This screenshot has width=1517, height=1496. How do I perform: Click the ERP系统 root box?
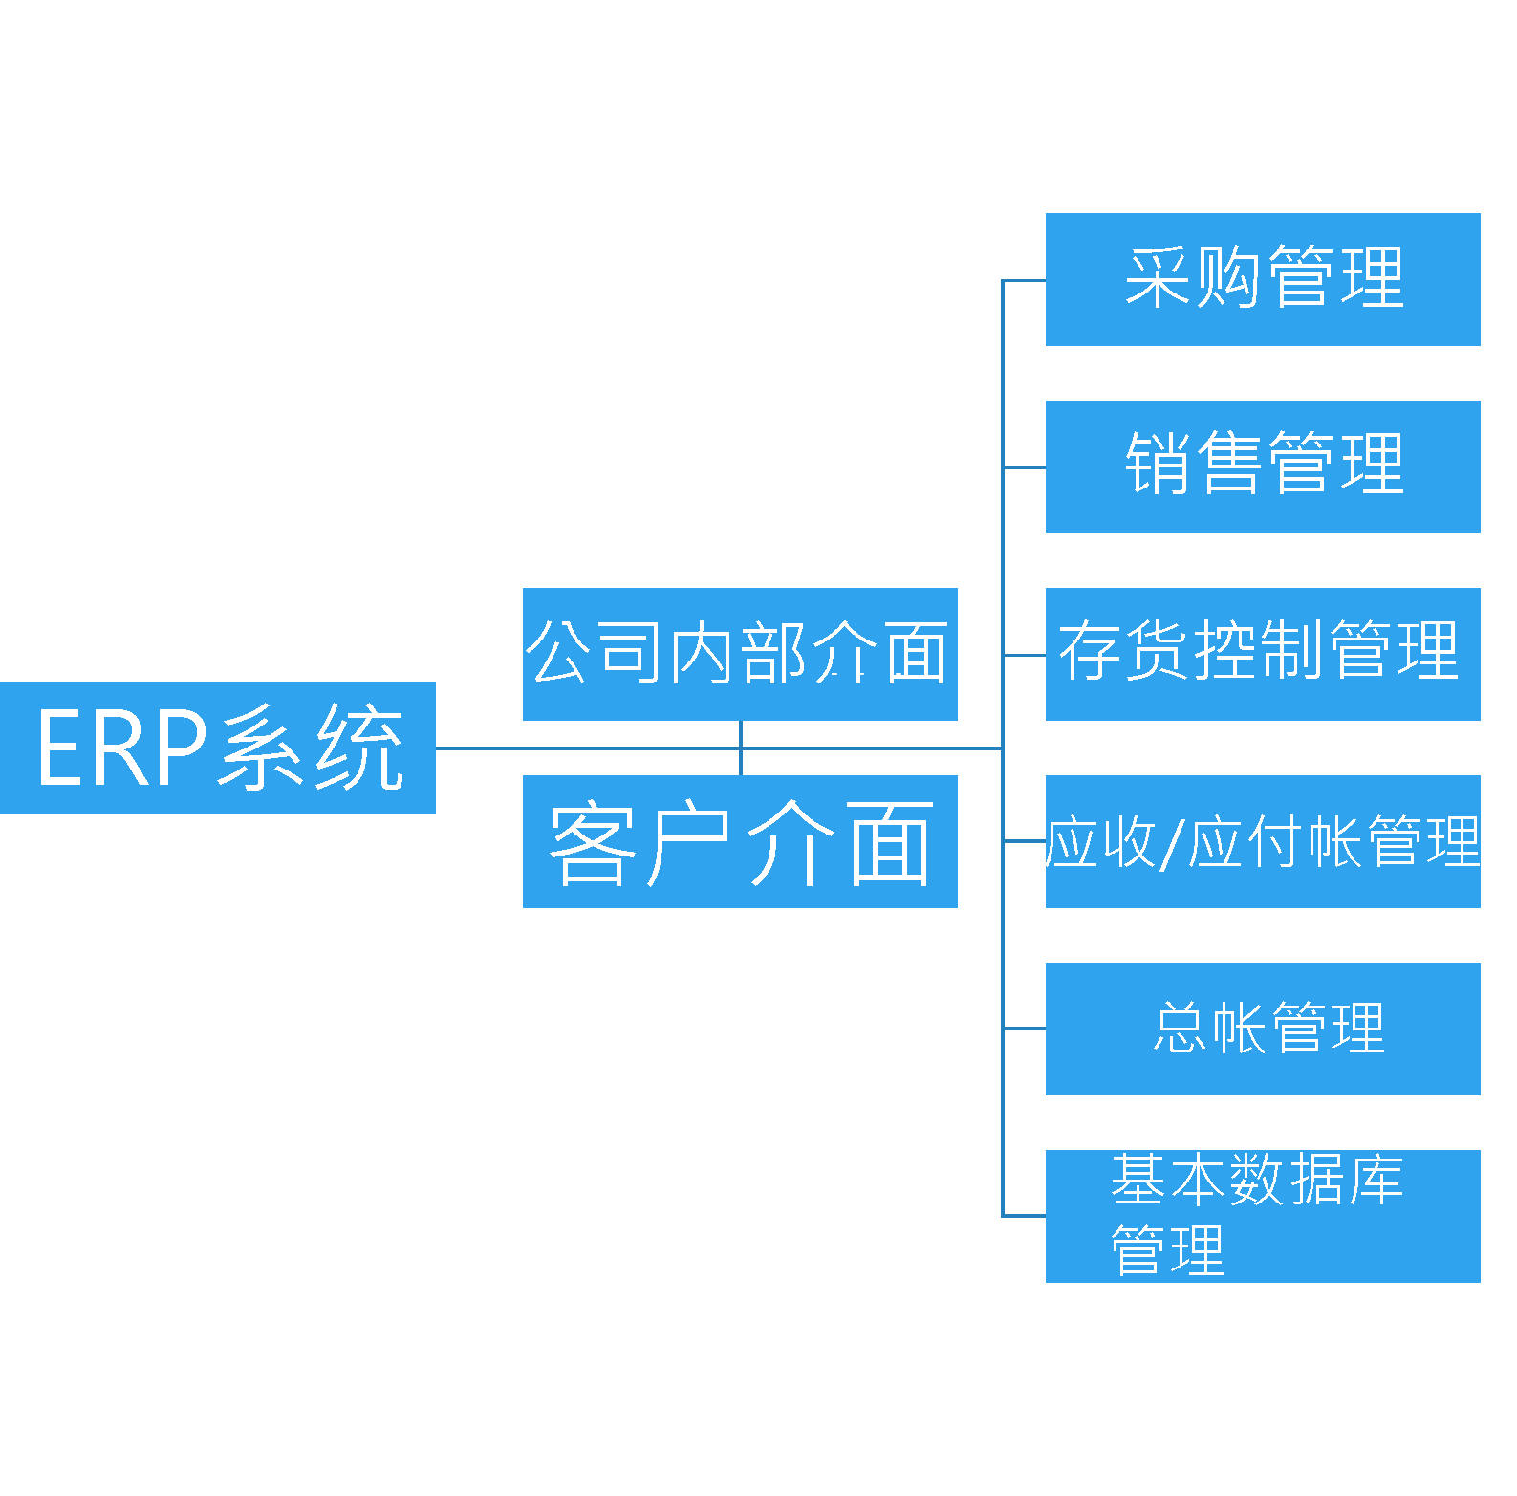coord(217,748)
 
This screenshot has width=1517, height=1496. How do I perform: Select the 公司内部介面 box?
coord(740,654)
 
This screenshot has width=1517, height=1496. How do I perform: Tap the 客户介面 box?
coord(740,841)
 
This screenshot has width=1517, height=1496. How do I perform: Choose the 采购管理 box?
coord(1263,279)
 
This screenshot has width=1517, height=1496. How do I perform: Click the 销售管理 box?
coord(1263,466)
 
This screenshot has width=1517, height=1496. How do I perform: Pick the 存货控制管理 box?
coord(1263,654)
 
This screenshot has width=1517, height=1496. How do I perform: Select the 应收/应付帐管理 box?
coord(1263,841)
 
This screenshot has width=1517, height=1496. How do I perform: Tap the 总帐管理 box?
coord(1263,1029)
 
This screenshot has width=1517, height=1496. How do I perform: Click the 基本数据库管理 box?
coord(1263,1216)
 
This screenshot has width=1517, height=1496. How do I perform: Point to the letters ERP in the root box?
coord(121,748)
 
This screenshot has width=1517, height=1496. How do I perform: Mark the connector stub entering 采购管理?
coord(1024,280)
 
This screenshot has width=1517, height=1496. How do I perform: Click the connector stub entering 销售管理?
coord(1024,467)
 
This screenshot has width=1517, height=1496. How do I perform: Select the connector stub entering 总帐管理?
coord(1024,1029)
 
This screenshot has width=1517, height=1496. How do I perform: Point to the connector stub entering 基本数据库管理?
coord(1024,1216)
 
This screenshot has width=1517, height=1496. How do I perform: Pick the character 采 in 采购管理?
coord(1158,277)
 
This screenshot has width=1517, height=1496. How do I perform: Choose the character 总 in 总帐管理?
coord(1181,1028)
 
